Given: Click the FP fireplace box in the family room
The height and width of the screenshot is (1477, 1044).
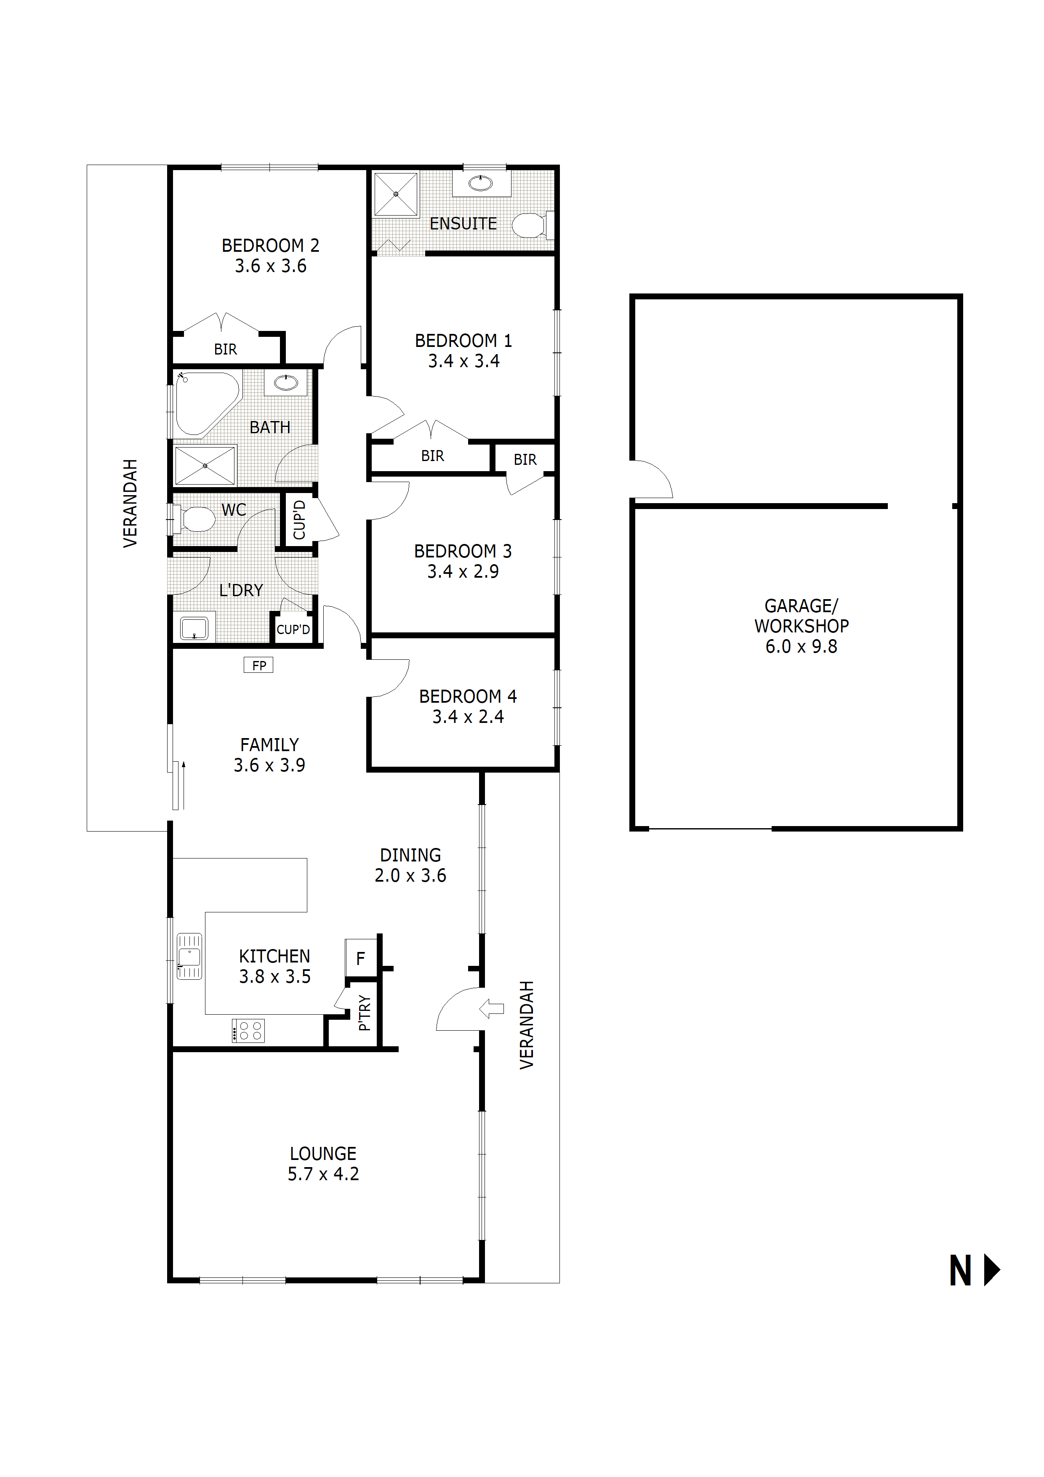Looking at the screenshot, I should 258,665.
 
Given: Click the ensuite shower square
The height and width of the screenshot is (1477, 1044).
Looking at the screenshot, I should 396,194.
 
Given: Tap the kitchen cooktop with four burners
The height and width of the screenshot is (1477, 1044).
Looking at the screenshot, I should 248,1031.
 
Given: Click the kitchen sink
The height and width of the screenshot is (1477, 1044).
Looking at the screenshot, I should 189,957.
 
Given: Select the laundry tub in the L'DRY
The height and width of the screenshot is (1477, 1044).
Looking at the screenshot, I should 194,628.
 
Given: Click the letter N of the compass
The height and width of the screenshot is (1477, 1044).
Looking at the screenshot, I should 960,1272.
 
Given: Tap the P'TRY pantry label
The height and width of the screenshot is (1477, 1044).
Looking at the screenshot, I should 365,1013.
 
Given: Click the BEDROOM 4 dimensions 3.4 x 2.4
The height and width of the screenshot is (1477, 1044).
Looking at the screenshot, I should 468,717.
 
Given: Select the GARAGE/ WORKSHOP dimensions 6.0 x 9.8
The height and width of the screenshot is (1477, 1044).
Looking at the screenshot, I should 801,647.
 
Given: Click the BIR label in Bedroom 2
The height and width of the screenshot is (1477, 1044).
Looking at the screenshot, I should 225,349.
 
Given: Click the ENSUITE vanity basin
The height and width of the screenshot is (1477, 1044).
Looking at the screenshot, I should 480,184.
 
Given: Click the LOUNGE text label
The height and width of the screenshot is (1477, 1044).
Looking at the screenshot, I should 323,1153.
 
